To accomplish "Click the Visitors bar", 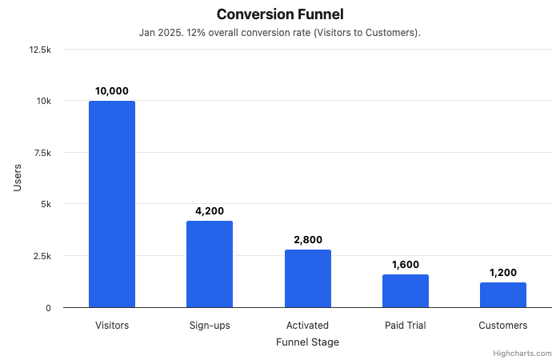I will coord(112,204).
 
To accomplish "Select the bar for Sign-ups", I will coord(210,264).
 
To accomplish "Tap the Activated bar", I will coord(308,278).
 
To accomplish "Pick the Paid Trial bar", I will coord(406,291).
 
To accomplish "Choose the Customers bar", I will coord(503,295).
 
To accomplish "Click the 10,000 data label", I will coord(112,91).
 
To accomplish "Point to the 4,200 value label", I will coord(210,211).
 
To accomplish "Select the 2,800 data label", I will coord(308,240).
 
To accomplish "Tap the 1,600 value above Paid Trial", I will coord(406,265).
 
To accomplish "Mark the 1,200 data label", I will coord(503,273).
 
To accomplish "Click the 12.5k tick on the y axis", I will coord(39,50).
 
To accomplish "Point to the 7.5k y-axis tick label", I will coord(42,153).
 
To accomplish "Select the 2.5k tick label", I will coord(42,256).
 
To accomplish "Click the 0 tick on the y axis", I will coord(49,308).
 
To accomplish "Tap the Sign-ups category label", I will coord(210,326).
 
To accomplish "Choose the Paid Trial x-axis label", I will coord(406,326).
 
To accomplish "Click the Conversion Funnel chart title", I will coord(280,14).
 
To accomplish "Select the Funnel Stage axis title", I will coord(307,342).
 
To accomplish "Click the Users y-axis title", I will coord(18,178).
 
